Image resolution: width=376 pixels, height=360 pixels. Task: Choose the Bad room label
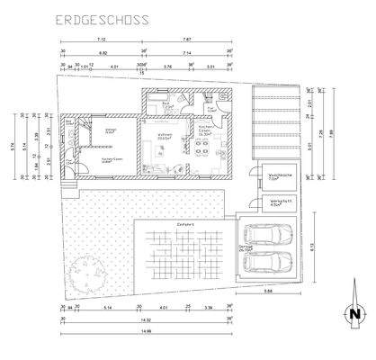pos(167,105)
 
